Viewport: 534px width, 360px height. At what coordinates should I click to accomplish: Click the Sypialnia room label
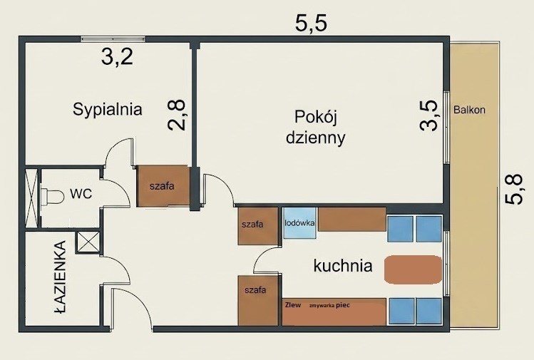pyautogui.click(x=107, y=110)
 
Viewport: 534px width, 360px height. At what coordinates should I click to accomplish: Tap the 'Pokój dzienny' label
pyautogui.click(x=315, y=128)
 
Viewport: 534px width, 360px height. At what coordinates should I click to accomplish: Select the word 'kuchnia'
pyautogui.click(x=343, y=265)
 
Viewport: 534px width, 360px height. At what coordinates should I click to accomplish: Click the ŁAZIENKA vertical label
pyautogui.click(x=61, y=277)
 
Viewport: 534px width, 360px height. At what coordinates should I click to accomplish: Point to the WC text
pyautogui.click(x=81, y=193)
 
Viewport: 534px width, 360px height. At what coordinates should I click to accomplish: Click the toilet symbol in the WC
pyautogui.click(x=52, y=197)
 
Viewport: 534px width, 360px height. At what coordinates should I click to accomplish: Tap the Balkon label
pyautogui.click(x=469, y=110)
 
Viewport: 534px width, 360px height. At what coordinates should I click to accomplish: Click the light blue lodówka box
pyautogui.click(x=299, y=223)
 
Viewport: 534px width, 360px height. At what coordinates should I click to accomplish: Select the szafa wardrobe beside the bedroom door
pyautogui.click(x=163, y=186)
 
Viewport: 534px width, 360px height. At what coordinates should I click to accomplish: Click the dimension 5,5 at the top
pyautogui.click(x=311, y=24)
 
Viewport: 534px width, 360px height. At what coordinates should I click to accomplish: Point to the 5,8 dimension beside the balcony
pyautogui.click(x=513, y=190)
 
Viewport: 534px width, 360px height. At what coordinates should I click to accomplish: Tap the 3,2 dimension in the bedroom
pyautogui.click(x=117, y=56)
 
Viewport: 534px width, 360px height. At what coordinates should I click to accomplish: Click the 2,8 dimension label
pyautogui.click(x=177, y=115)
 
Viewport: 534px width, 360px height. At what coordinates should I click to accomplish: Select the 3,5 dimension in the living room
pyautogui.click(x=428, y=115)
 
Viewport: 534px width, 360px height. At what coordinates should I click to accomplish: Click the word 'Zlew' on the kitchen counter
pyautogui.click(x=293, y=305)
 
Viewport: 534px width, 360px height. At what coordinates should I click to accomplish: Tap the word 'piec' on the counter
pyautogui.click(x=343, y=305)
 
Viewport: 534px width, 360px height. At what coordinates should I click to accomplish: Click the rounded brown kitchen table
pyautogui.click(x=413, y=269)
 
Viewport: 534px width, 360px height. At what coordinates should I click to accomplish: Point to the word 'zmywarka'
pyautogui.click(x=322, y=306)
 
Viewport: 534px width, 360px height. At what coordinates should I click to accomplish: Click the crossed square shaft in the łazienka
pyautogui.click(x=88, y=242)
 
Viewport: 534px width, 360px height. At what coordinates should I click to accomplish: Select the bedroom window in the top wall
pyautogui.click(x=113, y=38)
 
